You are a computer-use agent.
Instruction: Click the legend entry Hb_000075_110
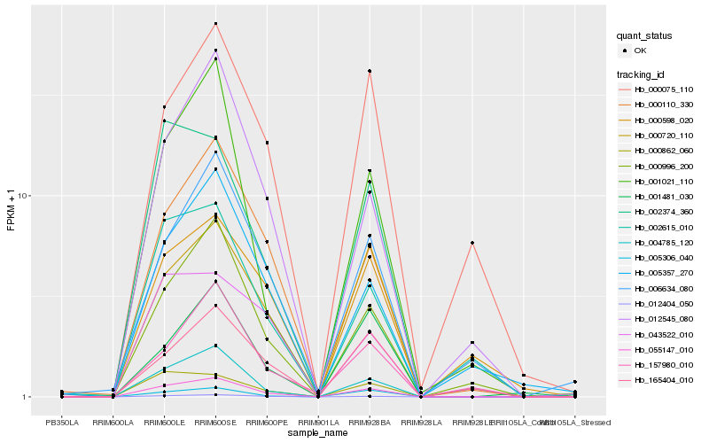tap(663, 89)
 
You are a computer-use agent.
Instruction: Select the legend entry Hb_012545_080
tap(663, 317)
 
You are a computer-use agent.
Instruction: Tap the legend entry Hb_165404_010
tap(663, 378)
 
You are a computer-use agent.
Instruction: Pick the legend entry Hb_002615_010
tap(663, 227)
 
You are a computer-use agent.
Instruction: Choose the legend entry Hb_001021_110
tap(663, 181)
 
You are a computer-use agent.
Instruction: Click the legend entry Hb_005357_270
tap(663, 272)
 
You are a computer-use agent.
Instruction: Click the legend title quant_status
tap(644, 35)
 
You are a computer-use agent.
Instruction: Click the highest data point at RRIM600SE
tap(215, 23)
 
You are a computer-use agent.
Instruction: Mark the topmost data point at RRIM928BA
tap(369, 71)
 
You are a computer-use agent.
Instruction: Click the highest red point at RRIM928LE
tap(472, 243)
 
